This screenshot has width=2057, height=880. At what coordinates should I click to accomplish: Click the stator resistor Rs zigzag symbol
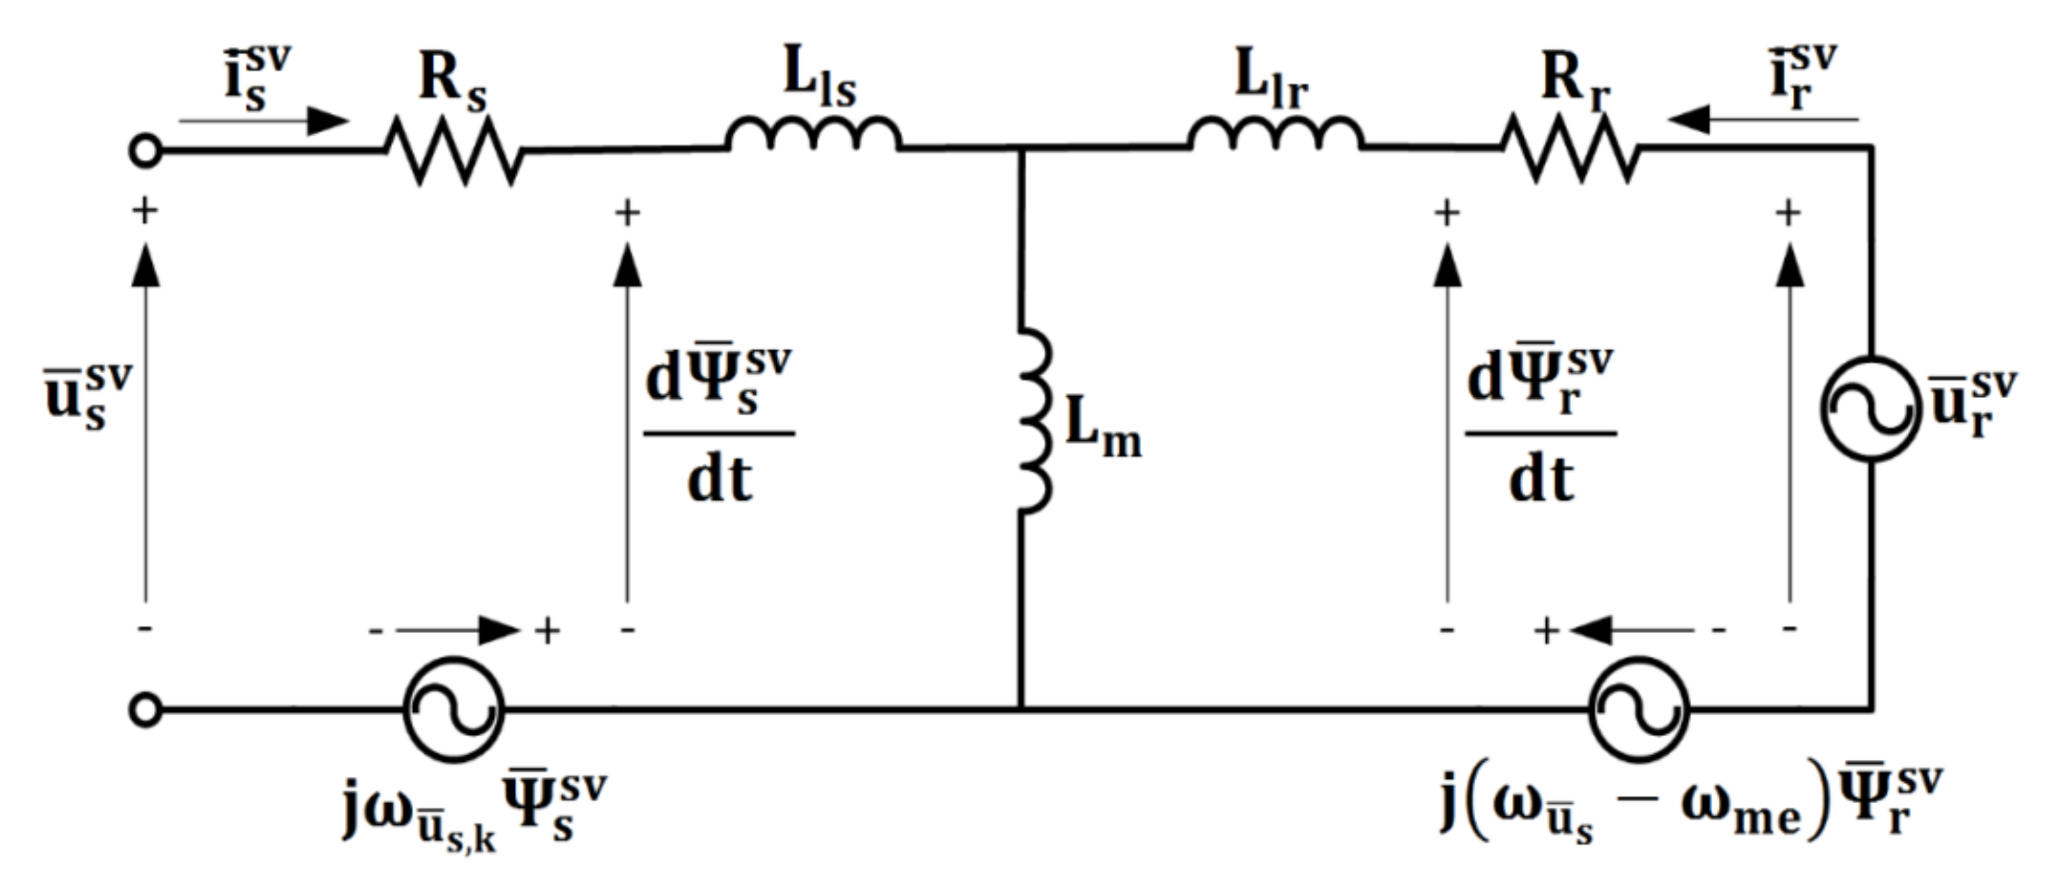coord(454,150)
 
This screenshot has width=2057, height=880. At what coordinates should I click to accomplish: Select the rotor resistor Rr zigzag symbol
coord(1570,149)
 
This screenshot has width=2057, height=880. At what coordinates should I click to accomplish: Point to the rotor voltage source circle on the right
coord(1871,409)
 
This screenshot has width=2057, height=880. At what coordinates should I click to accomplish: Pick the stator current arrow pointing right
coord(263,121)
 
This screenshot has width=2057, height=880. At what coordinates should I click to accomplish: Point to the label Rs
coord(452,84)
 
